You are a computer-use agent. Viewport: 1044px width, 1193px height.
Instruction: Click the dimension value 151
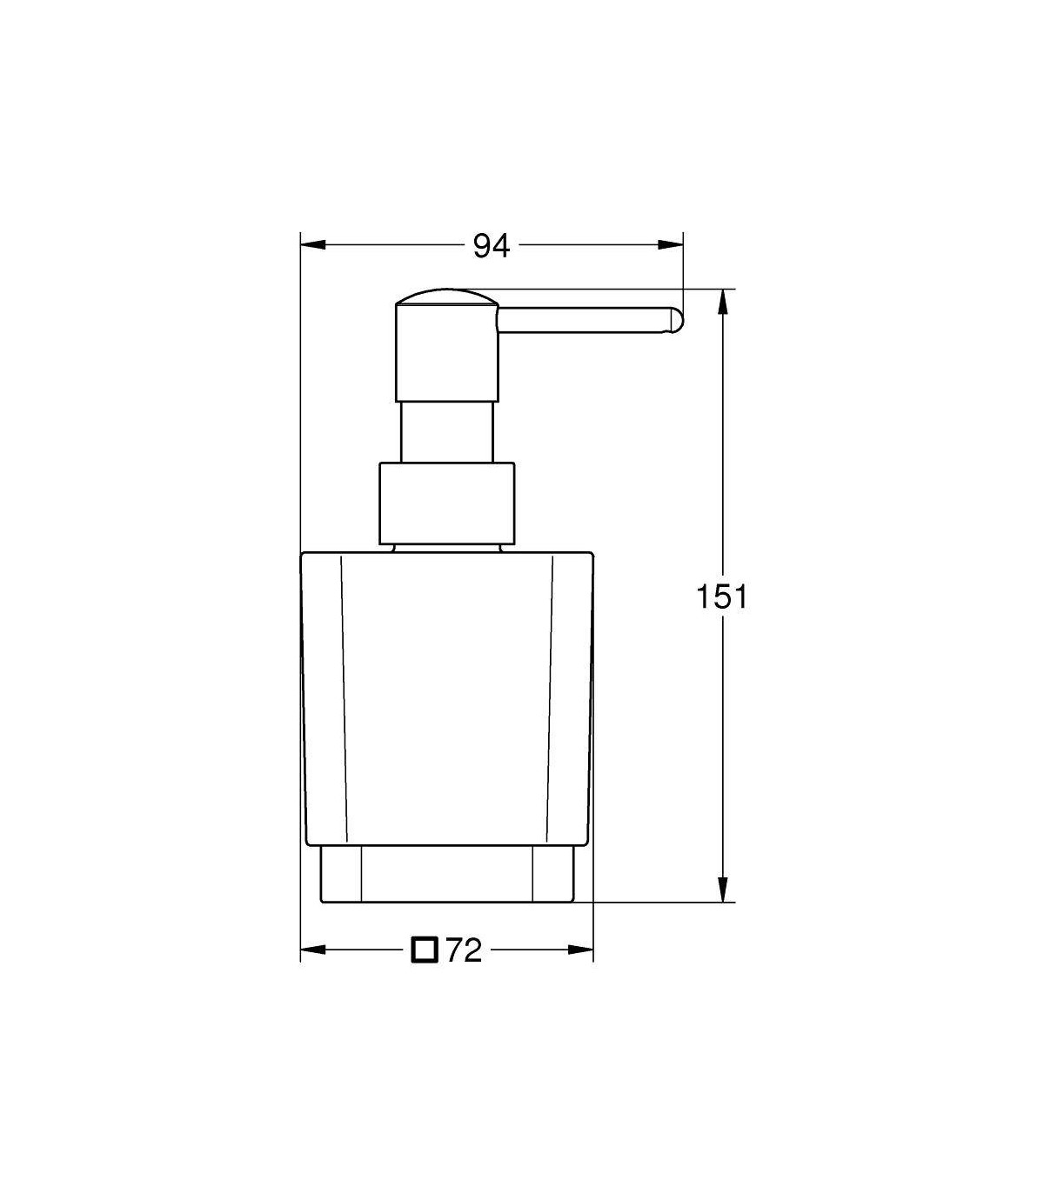click(721, 596)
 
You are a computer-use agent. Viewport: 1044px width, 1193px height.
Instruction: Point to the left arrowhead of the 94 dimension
click(312, 245)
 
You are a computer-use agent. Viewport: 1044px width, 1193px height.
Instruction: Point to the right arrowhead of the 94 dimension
click(671, 245)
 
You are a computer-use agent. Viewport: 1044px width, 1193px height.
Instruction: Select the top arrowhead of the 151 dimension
click(723, 302)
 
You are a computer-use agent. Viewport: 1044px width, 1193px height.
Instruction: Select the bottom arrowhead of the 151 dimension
click(723, 890)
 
